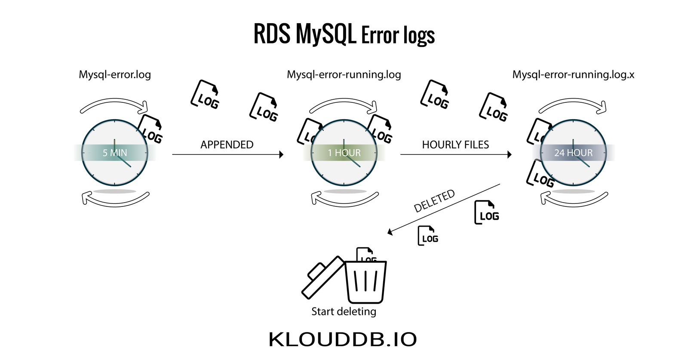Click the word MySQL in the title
[x=326, y=34]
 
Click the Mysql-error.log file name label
[x=115, y=74]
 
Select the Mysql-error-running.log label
[x=344, y=74]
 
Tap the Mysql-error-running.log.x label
[x=573, y=74]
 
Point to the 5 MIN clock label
[x=115, y=153]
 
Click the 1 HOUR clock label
[x=344, y=153]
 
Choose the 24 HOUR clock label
[x=573, y=153]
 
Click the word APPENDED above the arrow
[x=227, y=145]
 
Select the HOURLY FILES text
[x=455, y=145]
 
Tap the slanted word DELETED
[x=434, y=201]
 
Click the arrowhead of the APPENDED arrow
[x=281, y=154]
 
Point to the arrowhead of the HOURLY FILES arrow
[x=510, y=154]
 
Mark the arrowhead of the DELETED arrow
[x=390, y=232]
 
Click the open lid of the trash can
[x=322, y=276]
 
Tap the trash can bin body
[x=365, y=282]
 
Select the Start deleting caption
[x=344, y=311]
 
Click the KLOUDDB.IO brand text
[x=343, y=339]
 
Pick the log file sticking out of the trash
[x=365, y=255]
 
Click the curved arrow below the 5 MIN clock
[x=115, y=199]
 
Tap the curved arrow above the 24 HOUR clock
[x=573, y=105]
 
